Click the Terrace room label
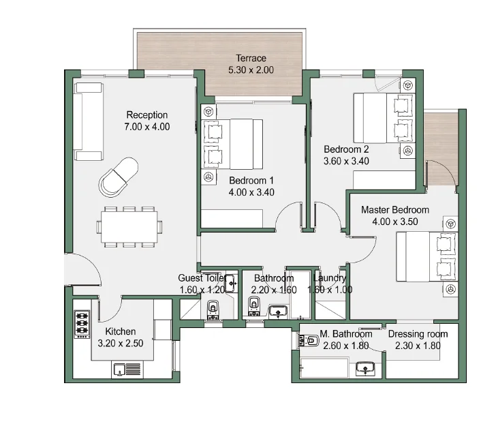pos(251,58)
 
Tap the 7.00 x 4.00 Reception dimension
pos(146,127)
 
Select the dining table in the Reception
pos(129,226)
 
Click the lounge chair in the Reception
pos(119,177)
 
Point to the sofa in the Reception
pos(89,121)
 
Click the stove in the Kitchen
pos(82,324)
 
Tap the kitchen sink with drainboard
pos(127,370)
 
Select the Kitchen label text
pos(121,331)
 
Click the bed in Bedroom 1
pos(232,144)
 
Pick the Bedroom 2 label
pos(346,149)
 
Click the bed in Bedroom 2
pos(384,118)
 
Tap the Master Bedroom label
pos(395,210)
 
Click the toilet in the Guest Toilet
pos(213,310)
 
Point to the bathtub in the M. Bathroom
pos(324,367)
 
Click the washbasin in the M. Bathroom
pos(365,368)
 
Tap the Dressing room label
pos(418,334)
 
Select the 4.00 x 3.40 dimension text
pos(251,192)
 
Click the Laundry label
pos(330,278)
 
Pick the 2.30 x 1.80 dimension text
pos(418,346)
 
